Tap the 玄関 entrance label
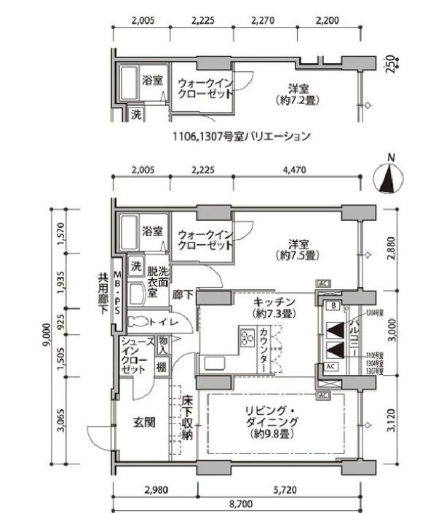coord(143,421)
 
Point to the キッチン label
coord(274,307)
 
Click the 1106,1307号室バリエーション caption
coord(241,135)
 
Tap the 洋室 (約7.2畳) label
coord(296,94)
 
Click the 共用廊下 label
coord(103,292)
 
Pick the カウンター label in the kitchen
coord(263,351)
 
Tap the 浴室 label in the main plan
coord(152,233)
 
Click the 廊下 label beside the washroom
coord(182,295)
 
